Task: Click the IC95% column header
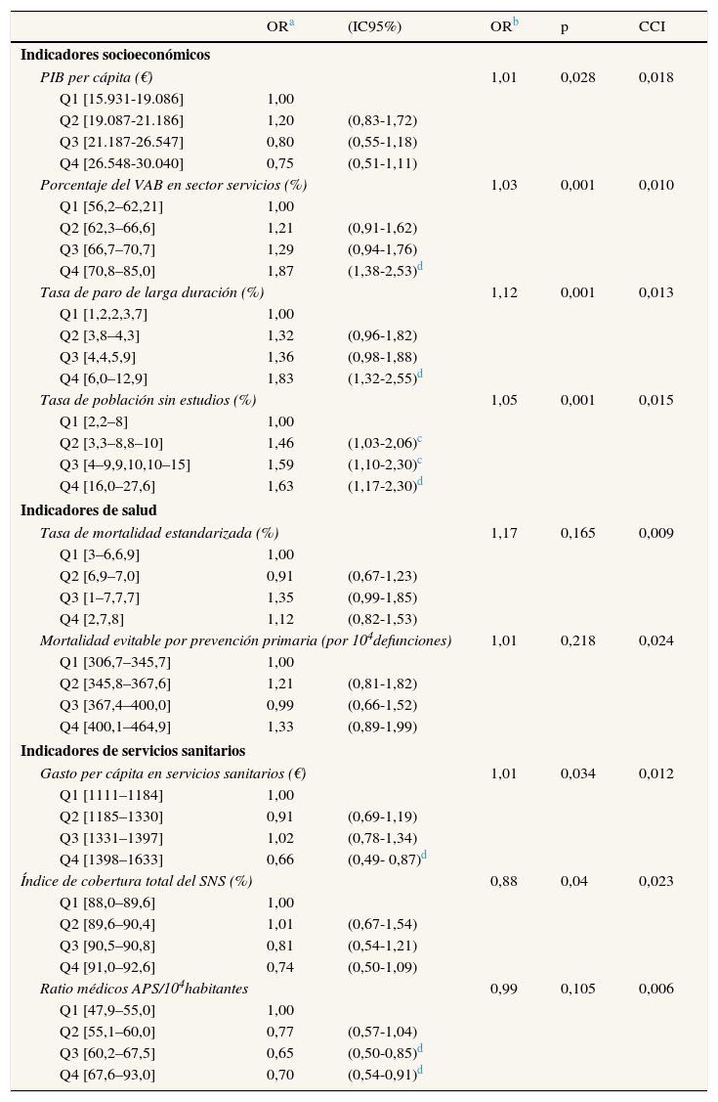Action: [374, 27]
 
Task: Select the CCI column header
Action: [652, 27]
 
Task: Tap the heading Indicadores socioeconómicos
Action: [115, 55]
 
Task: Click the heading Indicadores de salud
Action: [89, 510]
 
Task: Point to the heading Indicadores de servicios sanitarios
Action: [133, 751]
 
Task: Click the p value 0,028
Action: [577, 77]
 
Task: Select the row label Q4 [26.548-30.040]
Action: [121, 163]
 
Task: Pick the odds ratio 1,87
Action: [280, 271]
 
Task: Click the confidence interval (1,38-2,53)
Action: [382, 271]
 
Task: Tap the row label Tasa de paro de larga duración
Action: [151, 292]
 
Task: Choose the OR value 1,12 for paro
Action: [504, 292]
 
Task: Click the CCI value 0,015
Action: [655, 400]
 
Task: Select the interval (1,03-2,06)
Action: [382, 443]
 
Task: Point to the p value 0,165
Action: [577, 533]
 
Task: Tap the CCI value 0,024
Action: [655, 640]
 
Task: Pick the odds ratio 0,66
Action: [280, 860]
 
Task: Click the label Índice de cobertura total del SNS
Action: [137, 881]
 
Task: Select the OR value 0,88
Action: [504, 881]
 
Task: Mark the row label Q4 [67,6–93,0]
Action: [107, 1075]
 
